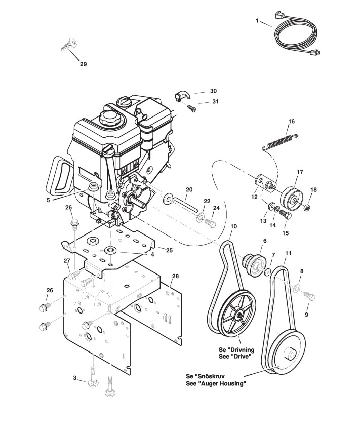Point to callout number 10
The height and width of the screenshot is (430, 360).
click(234, 226)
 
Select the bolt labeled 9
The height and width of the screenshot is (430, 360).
click(309, 296)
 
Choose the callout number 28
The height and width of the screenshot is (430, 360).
click(175, 276)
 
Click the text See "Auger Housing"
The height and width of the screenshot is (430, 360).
click(216, 383)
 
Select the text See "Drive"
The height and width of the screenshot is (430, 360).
click(235, 356)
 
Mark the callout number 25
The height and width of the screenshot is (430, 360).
click(169, 250)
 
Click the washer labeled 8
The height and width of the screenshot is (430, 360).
click(297, 288)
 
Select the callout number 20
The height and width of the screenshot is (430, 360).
click(189, 189)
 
